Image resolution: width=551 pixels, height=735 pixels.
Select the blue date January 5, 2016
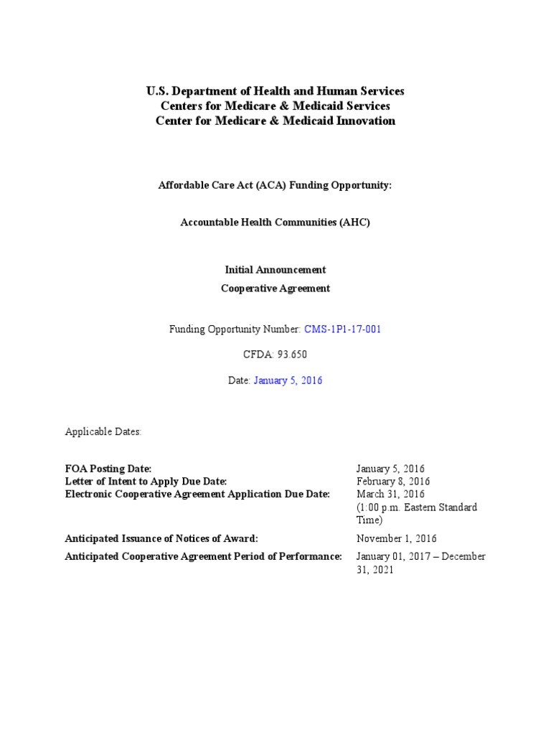pos(288,380)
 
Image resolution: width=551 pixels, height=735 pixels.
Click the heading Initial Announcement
pos(275,270)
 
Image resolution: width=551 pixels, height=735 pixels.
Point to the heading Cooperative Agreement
pos(275,289)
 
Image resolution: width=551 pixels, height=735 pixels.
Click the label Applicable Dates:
pos(103,432)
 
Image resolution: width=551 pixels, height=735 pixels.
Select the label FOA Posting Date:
pos(108,469)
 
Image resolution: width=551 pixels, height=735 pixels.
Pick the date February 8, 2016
pos(393,482)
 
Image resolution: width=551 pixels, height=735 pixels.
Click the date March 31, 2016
pos(390,495)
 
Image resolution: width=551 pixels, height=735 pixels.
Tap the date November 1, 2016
pos(397,538)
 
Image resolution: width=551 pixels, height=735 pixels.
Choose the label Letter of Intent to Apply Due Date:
pos(146,482)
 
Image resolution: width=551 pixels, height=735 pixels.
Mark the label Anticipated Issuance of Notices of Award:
pos(161,538)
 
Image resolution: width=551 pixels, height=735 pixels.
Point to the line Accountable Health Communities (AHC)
pos(275,223)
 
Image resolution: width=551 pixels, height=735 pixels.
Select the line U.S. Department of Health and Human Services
pos(275,91)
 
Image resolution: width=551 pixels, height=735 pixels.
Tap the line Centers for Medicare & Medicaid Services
pos(275,106)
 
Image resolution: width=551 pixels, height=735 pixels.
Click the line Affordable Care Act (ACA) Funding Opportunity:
pos(275,184)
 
